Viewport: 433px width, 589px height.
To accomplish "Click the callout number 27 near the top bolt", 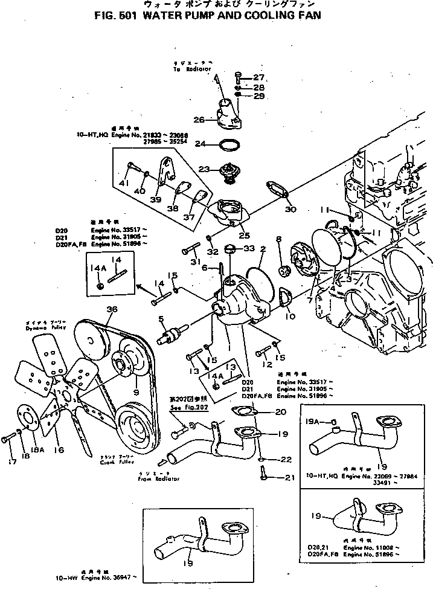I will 258,77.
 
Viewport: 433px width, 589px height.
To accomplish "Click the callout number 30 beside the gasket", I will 292,210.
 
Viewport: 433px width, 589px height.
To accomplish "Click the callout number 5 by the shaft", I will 161,318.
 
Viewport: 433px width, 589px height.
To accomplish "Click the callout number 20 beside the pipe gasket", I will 280,412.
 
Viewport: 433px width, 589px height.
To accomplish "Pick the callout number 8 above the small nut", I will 279,239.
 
